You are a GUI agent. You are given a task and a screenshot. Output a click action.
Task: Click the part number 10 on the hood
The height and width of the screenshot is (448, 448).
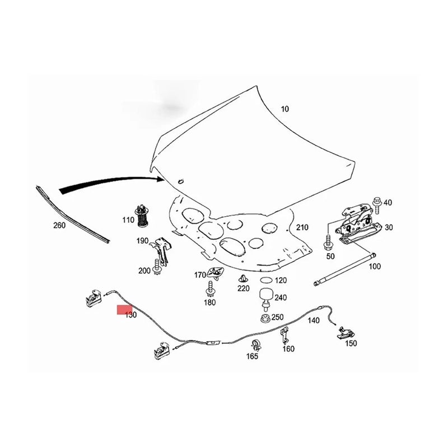pos(285,109)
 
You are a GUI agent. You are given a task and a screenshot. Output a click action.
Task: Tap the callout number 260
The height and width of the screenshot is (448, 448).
pos(59,226)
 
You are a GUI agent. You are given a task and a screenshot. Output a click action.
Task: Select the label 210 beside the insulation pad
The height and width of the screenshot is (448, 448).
pos(302,227)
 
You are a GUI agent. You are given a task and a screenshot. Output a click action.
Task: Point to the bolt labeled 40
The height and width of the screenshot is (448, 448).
pos(377,202)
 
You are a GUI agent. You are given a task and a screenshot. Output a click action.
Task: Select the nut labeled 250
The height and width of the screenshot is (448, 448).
pos(264,319)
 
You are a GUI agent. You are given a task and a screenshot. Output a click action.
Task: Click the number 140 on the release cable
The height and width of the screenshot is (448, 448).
pos(314,321)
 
